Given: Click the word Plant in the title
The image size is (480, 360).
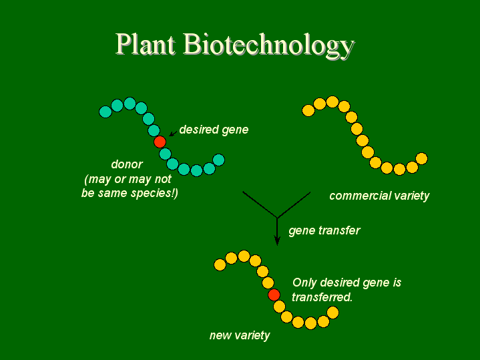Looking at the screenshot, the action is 146,45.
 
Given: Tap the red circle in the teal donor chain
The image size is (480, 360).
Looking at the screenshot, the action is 160,142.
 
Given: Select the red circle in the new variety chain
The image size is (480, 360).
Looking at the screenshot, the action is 274,295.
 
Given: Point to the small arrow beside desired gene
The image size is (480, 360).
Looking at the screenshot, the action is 174,133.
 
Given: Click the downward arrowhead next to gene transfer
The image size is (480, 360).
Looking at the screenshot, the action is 277,240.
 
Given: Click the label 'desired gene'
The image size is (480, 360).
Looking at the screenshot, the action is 214,130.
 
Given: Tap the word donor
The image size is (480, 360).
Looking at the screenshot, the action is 127,164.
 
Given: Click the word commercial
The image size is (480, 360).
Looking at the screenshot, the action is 355,196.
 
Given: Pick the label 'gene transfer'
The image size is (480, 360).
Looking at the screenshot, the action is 324,230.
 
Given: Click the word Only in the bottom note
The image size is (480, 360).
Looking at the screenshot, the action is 304,283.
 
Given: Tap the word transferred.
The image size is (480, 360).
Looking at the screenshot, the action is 322,297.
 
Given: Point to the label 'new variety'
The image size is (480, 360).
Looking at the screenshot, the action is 240,335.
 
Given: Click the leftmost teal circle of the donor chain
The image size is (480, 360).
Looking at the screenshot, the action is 105,112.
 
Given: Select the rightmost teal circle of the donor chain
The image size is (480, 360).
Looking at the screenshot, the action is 218,160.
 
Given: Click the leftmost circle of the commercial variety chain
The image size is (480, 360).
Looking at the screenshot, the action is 308,110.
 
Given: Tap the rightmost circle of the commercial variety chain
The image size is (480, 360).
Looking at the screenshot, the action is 421,159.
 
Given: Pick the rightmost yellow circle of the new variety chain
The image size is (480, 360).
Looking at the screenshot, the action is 332,313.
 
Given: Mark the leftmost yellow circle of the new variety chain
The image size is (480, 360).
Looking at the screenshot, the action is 220,264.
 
